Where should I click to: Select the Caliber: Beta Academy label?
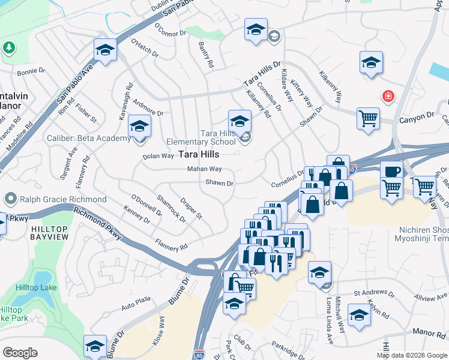click(88, 139)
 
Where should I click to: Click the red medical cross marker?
click(388, 96)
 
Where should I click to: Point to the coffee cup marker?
click(391, 171)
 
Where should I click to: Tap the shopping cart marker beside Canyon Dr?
click(368, 118)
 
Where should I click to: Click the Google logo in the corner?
click(20, 353)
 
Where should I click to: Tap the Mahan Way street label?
click(204, 170)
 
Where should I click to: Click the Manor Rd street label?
click(428, 332)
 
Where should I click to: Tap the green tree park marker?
click(9, 47)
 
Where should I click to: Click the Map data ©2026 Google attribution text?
click(412, 355)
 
